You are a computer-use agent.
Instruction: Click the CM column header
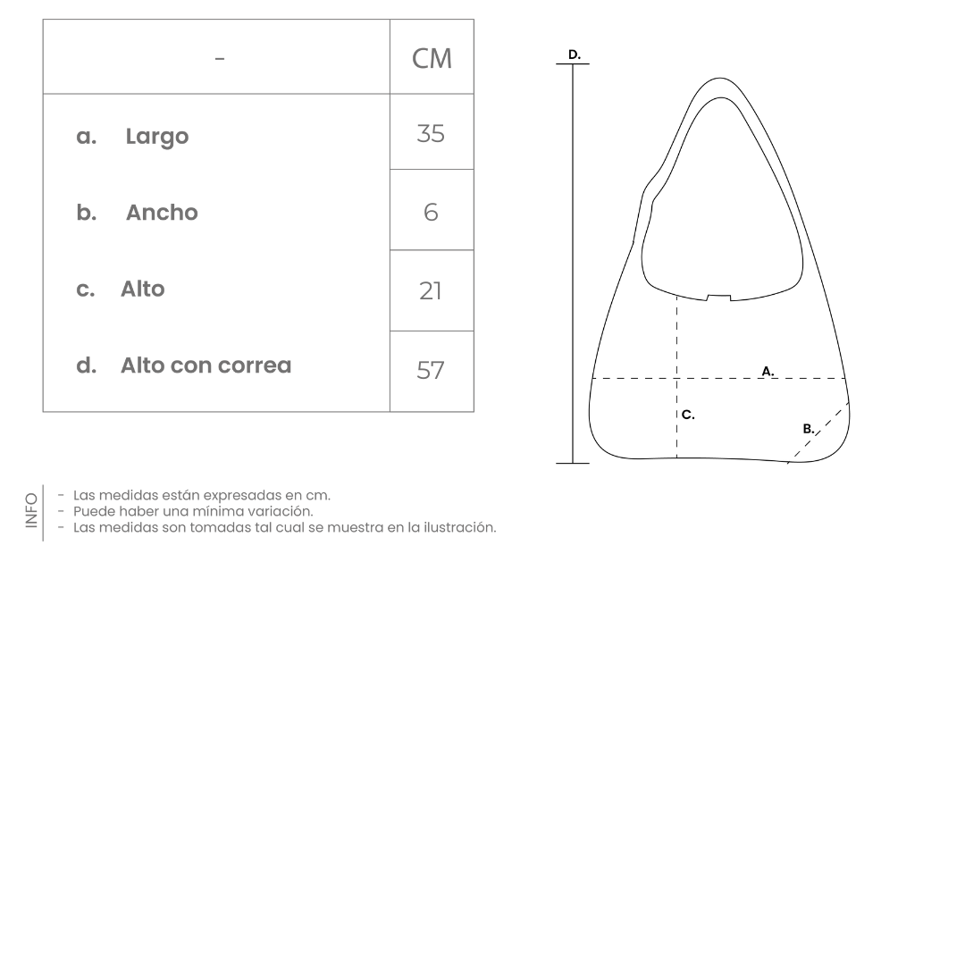[432, 58]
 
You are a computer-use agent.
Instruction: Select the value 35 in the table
[431, 134]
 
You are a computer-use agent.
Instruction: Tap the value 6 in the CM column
[431, 213]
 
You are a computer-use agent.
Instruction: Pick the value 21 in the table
[431, 290]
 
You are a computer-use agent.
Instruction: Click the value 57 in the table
[431, 370]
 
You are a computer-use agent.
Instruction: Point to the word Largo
[157, 137]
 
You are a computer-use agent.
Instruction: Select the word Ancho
[162, 213]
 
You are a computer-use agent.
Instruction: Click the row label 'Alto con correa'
[206, 365]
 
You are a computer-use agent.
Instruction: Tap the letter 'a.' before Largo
[87, 137]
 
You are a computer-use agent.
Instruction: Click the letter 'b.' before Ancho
[87, 213]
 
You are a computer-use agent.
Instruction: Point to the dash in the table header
[220, 59]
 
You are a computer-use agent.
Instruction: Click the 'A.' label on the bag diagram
[768, 370]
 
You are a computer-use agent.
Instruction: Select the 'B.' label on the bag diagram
[808, 429]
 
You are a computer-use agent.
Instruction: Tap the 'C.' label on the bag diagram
[688, 415]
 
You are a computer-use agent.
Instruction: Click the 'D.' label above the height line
[574, 55]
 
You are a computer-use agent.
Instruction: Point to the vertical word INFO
[32, 510]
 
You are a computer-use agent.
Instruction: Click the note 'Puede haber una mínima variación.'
[193, 511]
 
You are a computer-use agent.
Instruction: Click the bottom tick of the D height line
[573, 463]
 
